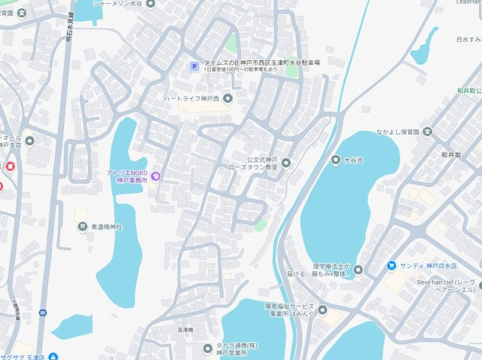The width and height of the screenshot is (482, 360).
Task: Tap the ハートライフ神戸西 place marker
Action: [228, 99]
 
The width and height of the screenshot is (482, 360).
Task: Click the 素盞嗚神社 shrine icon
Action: [81, 226]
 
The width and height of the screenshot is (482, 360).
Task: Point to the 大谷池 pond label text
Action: [353, 160]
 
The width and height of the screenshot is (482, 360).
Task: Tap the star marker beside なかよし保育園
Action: [427, 133]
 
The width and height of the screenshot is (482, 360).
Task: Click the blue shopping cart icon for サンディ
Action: [392, 265]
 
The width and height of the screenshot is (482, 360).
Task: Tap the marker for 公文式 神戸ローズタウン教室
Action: [285, 163]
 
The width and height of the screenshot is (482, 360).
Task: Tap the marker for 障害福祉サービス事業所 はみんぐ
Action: [322, 310]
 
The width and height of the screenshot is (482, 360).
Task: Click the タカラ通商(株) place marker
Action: [208, 347]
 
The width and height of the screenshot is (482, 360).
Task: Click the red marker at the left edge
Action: [10, 166]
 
